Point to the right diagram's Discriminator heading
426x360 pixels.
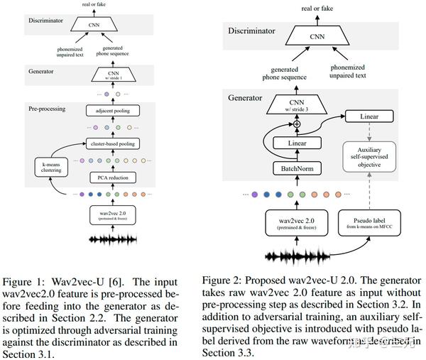click(x=257, y=31)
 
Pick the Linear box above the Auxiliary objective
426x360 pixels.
click(x=369, y=115)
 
